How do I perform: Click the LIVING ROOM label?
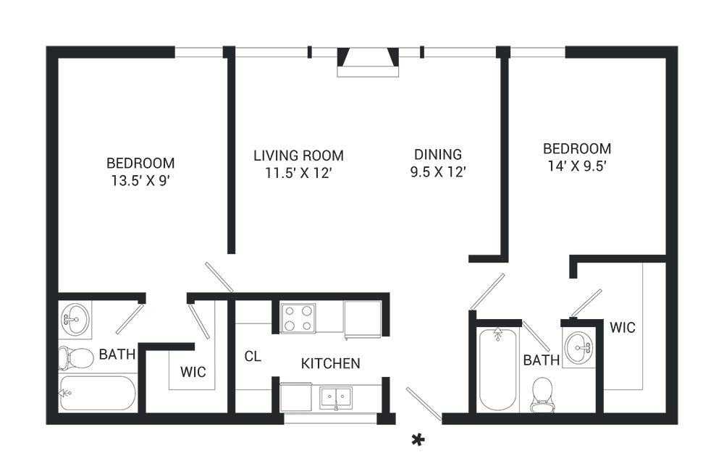pos(298,156)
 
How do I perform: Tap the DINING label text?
pos(437,154)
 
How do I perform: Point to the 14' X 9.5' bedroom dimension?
pos(577,165)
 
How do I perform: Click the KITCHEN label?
pos(330,363)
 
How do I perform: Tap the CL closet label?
pos(253,356)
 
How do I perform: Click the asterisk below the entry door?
pos(417,439)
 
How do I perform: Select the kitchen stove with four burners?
pos(298,317)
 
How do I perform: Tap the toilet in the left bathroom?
pos(76,357)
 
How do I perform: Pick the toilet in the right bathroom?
pos(542,394)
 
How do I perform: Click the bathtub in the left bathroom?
pos(97,393)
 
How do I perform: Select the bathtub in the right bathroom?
pos(498,369)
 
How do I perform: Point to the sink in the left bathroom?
pos(75,319)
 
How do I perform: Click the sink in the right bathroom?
pos(578,348)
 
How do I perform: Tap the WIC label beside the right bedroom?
pos(622,327)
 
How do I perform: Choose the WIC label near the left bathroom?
pos(192,372)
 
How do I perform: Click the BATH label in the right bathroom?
pos(541,360)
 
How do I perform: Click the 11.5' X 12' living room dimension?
pos(298,173)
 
